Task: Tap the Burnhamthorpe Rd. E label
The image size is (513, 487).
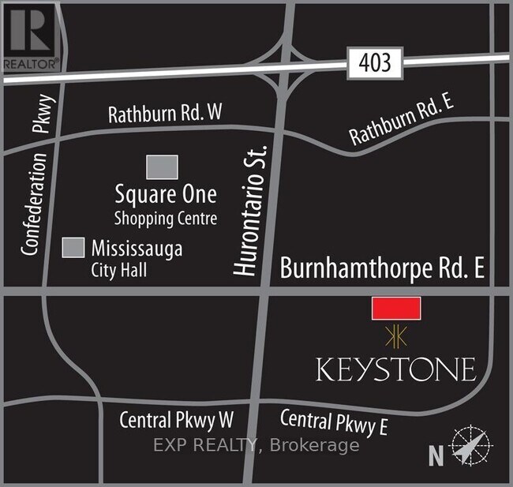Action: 382,268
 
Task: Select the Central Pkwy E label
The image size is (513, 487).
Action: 334,422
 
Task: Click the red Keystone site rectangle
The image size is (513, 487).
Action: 396,309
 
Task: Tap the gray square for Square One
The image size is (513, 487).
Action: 162,167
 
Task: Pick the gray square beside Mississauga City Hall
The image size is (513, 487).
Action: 73,247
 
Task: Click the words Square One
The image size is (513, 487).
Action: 165,194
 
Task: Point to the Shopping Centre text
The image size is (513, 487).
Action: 165,217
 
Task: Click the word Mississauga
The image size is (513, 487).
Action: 137,249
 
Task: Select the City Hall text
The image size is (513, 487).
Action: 118,270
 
